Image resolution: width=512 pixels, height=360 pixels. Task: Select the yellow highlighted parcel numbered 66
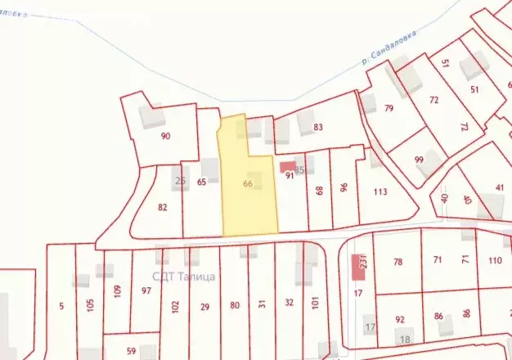tap(248, 184)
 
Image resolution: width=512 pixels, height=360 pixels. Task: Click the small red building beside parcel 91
tap(287, 167)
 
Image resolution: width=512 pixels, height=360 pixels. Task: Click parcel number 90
tap(166, 136)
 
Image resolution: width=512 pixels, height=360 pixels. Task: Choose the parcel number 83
tap(318, 127)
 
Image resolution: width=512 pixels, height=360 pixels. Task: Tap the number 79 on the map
tap(389, 108)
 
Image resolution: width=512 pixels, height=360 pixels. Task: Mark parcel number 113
tap(380, 192)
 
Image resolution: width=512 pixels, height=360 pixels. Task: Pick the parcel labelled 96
tap(344, 188)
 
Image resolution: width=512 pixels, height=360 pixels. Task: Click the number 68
tap(319, 191)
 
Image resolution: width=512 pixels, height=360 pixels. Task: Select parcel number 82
tap(163, 207)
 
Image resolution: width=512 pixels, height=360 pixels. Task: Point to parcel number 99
tap(419, 160)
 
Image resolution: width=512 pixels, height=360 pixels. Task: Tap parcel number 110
tap(494, 261)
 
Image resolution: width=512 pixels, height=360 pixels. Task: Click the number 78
tap(398, 262)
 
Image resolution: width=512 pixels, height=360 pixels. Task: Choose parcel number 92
tap(400, 319)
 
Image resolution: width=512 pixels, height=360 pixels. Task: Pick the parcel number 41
tap(499, 188)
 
